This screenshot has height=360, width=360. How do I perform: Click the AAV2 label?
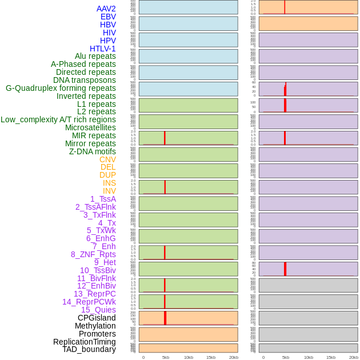106,9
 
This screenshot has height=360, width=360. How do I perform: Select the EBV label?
108,17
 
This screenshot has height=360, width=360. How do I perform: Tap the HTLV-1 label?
103,49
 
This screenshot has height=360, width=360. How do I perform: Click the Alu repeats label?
95,56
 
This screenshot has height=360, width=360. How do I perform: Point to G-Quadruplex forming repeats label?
61,88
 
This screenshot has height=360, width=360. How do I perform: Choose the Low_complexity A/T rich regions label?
58,119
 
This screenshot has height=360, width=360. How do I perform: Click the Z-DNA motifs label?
93,151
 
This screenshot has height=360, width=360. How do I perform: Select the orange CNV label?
107,159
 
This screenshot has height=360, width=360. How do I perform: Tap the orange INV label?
109,191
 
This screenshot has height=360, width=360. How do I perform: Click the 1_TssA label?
103,199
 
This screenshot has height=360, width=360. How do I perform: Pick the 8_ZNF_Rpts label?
93,254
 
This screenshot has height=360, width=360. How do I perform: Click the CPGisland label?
97,318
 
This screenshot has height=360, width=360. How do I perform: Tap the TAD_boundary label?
89,349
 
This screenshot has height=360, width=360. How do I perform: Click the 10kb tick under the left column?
189,357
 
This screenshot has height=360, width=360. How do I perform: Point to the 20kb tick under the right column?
354,357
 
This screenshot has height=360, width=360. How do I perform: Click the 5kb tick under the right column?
286,357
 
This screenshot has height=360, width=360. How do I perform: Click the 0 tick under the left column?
143,357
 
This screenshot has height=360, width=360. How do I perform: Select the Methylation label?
95,326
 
